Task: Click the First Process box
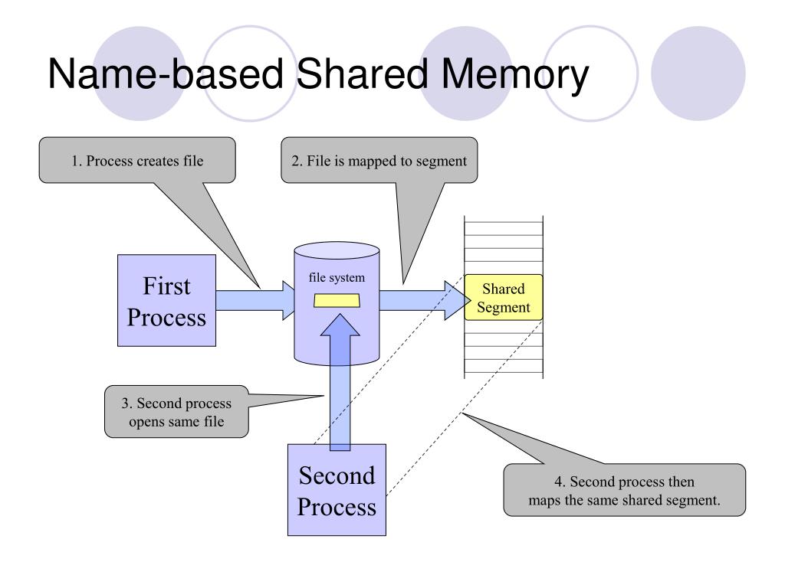[166, 300]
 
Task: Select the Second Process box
[337, 490]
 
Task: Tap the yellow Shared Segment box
[504, 298]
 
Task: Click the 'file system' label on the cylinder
[337, 277]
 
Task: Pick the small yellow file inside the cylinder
[337, 301]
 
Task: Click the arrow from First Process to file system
[255, 300]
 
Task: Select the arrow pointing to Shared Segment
[425, 300]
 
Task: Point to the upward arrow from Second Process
[340, 383]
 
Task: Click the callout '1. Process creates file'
[137, 161]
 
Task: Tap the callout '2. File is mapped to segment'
[379, 161]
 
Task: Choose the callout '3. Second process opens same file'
[176, 412]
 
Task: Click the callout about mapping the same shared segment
[624, 490]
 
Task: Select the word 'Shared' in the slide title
[363, 73]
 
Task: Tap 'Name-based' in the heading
[166, 73]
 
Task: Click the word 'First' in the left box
[166, 286]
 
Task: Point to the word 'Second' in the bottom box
[337, 475]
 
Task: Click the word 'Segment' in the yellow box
[504, 308]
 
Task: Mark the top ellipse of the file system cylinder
[337, 250]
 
